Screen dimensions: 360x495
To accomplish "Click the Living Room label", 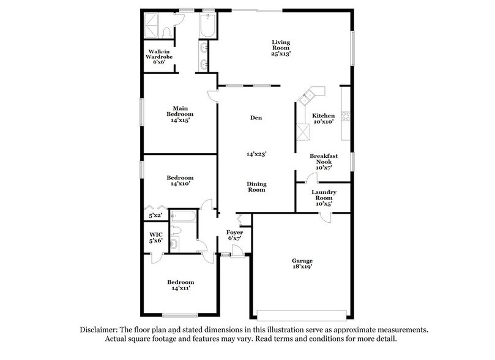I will click(x=281, y=44).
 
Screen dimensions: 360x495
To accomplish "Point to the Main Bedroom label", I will click(x=180, y=114).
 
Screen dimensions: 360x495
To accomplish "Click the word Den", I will click(x=256, y=118).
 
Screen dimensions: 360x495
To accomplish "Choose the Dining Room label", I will click(x=256, y=187).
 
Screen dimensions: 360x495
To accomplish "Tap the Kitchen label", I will click(x=324, y=116).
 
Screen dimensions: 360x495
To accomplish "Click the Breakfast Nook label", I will click(x=324, y=159).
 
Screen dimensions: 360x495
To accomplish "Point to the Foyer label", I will click(x=235, y=233).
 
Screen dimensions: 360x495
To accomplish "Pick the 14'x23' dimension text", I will click(x=256, y=155).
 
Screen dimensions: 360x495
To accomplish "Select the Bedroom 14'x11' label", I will click(x=180, y=285).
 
